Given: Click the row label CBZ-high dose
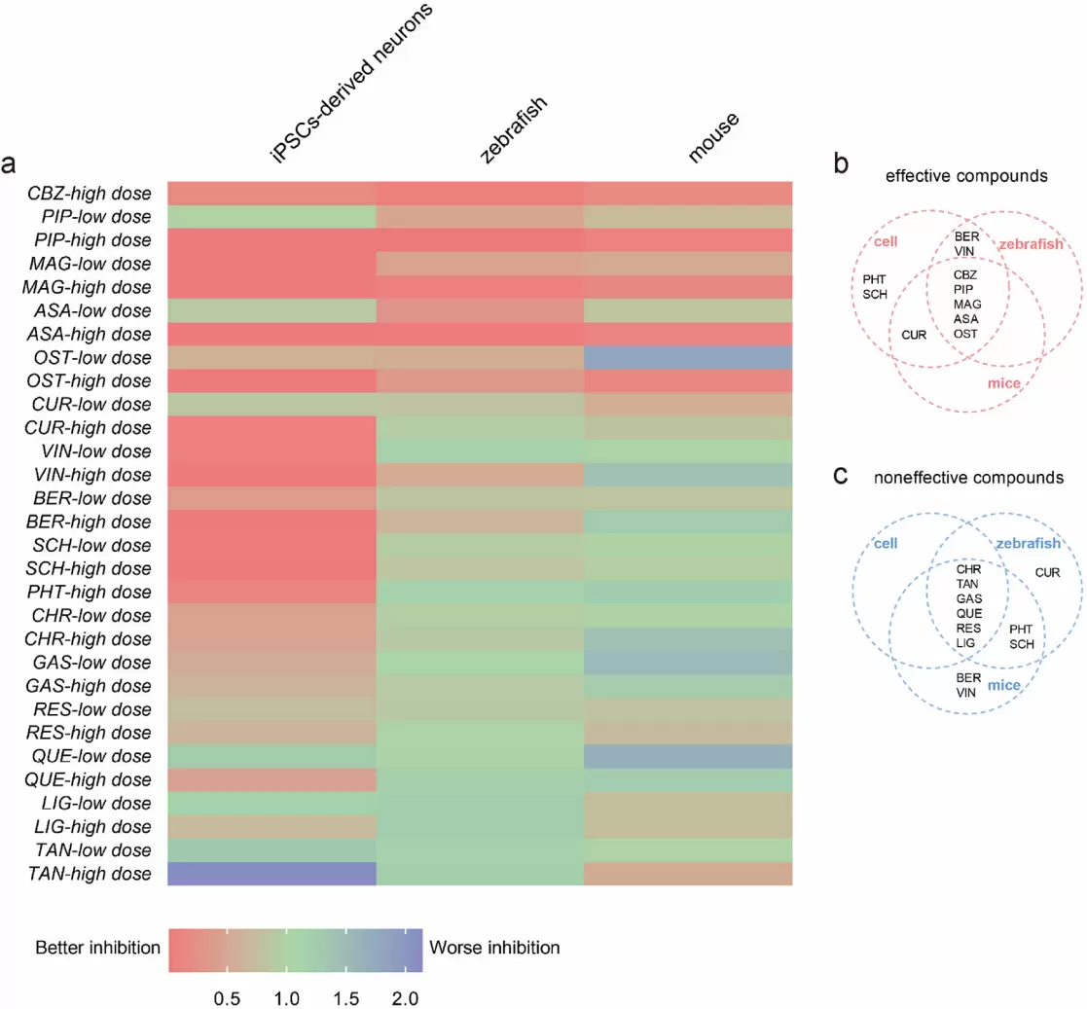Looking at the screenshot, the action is click(x=90, y=194).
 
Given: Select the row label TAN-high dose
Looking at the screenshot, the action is click(x=90, y=874).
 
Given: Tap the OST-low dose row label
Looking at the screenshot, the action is click(x=92, y=358).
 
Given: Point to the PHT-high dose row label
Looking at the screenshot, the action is click(x=89, y=592).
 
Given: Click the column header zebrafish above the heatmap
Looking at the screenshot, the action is click(x=514, y=129).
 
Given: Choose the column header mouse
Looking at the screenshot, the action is click(x=713, y=137).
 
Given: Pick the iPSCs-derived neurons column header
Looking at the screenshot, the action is click(x=350, y=83).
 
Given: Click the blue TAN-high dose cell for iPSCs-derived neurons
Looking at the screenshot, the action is click(x=272, y=874).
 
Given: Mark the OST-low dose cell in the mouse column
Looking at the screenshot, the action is click(x=688, y=358).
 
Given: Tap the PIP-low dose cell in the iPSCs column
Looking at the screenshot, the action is click(x=272, y=217).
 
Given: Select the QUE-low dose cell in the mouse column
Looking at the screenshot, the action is click(x=688, y=756).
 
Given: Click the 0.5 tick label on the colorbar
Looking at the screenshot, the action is click(x=227, y=998).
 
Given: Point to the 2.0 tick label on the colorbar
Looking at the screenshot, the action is click(x=406, y=998).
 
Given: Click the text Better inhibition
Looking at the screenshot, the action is click(x=97, y=948).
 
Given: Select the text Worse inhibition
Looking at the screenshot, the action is click(x=494, y=948).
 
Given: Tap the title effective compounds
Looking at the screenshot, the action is click(x=966, y=176).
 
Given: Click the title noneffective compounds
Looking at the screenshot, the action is click(x=968, y=478).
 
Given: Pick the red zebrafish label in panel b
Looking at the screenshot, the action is click(x=1031, y=244).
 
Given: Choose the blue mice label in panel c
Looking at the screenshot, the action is click(x=1004, y=685).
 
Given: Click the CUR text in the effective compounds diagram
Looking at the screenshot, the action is click(x=914, y=335).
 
